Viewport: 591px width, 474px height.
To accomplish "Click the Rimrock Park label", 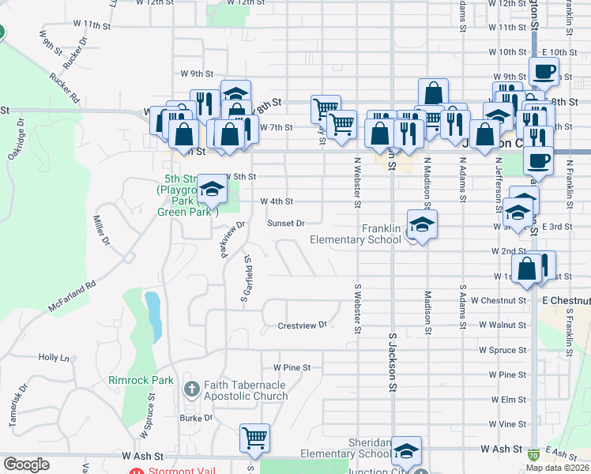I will coord(141,380).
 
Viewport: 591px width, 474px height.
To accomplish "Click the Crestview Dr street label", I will coord(302,325).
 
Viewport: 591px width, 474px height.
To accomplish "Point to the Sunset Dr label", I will coord(285,224).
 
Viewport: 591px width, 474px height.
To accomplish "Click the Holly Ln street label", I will coord(54,358).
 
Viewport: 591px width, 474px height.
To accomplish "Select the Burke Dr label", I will coord(191,418).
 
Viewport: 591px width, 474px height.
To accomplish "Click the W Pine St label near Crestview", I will coord(292,367).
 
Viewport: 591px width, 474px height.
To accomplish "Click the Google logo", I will coord(26,465).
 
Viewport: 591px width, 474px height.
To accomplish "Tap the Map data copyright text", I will coord(558,468).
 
